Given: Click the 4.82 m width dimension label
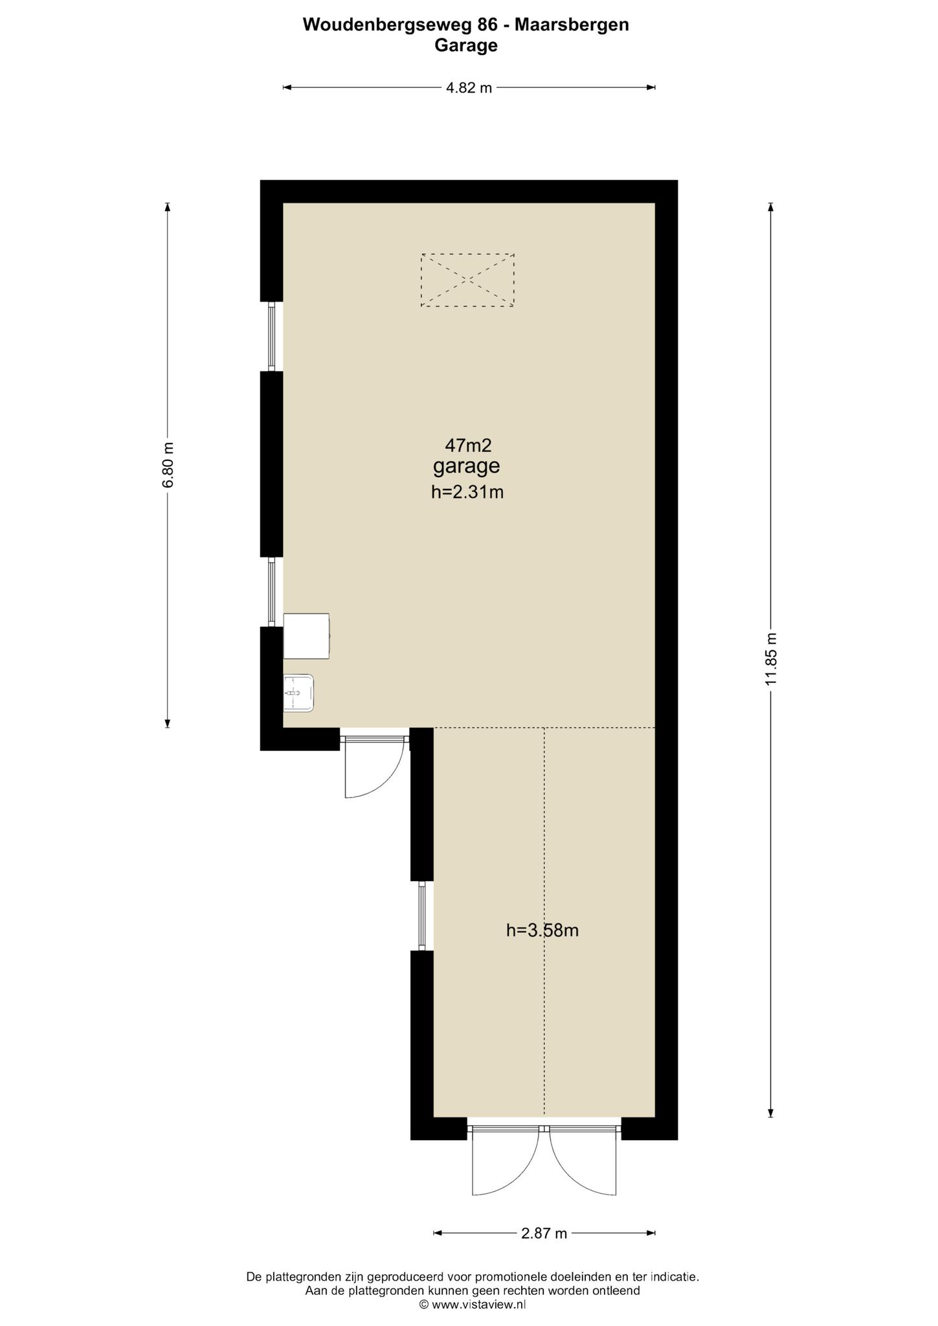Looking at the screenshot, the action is tap(469, 88).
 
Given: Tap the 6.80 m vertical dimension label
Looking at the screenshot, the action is tap(168, 465).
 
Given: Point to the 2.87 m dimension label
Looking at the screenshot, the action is tap(544, 1233).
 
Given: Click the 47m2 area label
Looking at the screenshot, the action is tap(468, 445).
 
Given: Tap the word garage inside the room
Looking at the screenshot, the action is tap(467, 466).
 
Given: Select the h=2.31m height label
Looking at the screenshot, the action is tap(467, 492).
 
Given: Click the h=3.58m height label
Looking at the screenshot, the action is tap(542, 930).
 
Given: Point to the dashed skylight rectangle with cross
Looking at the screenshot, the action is tap(467, 280).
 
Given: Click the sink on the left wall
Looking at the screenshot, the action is tap(298, 693).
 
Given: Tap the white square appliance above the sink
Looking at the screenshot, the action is tap(306, 636).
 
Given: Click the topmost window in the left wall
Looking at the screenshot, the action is tap(272, 337).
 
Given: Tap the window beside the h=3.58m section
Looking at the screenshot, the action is tap(422, 916).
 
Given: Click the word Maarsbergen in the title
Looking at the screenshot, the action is tap(572, 25).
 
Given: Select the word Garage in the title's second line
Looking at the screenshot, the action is tap(466, 46).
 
